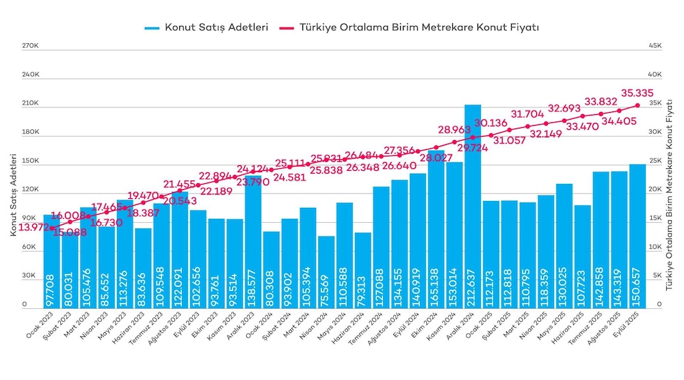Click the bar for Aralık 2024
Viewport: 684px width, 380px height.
click(473, 205)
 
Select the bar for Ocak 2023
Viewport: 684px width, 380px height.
click(52, 260)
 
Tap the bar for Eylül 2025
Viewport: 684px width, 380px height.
click(637, 236)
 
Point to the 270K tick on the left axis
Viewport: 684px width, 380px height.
click(29, 46)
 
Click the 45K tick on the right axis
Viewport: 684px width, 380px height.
click(655, 46)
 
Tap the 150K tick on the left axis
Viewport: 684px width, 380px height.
click(29, 161)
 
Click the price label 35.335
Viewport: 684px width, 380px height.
click(637, 93)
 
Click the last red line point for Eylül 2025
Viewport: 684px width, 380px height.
click(637, 105)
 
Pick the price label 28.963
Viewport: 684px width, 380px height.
click(454, 129)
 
